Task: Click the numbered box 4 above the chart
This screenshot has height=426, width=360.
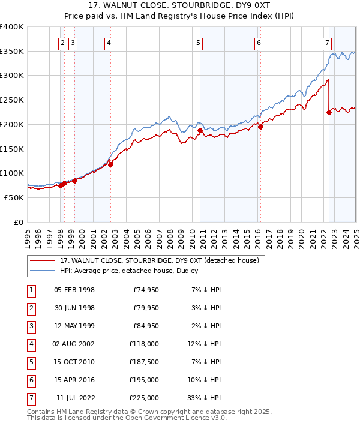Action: pos(109,43)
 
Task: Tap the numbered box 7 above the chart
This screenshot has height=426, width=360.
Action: pos(327,43)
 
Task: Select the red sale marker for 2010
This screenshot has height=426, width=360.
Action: pos(200,130)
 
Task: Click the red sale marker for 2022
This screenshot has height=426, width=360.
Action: pos(329,112)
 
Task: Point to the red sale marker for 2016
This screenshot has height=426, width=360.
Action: pos(260,127)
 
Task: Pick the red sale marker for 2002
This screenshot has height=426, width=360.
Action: pos(110,164)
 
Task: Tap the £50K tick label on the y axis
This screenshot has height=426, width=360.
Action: pos(14,197)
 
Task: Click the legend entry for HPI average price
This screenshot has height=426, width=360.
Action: pos(124,271)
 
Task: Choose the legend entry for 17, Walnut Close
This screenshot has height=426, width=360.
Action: pos(159,260)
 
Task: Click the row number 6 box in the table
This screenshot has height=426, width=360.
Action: pos(31,380)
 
